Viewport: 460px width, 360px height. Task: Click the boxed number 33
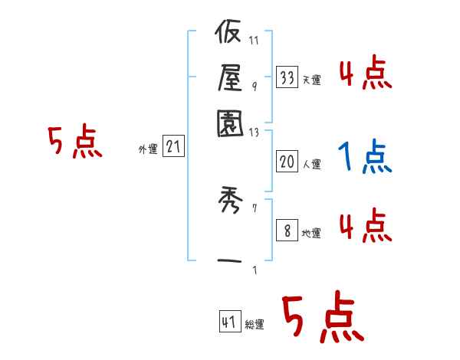pyautogui.click(x=287, y=78)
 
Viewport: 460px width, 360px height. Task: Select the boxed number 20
pyautogui.click(x=287, y=161)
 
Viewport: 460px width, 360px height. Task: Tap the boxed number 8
pyautogui.click(x=287, y=231)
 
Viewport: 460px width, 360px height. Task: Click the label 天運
pyautogui.click(x=312, y=80)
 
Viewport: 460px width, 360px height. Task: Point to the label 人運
pyautogui.click(x=312, y=164)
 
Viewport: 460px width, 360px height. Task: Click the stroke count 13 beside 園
pyautogui.click(x=255, y=133)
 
